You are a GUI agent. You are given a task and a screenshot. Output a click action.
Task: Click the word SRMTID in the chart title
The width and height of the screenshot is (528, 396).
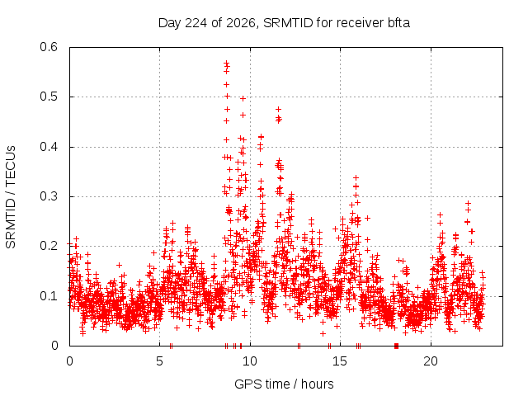tap(288, 23)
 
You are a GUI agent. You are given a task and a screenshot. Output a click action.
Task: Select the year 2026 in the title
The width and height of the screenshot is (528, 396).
tap(240, 23)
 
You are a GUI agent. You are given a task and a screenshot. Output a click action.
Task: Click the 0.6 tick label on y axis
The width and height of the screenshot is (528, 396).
tap(49, 47)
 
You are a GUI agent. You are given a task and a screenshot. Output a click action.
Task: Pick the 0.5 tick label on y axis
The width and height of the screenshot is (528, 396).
tap(49, 97)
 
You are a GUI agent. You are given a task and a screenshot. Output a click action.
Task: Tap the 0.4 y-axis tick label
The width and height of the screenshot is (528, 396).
tap(49, 147)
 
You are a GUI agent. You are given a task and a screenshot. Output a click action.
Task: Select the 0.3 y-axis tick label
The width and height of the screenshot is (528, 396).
tap(49, 196)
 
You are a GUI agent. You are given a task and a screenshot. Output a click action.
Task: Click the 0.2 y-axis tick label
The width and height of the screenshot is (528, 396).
tap(49, 246)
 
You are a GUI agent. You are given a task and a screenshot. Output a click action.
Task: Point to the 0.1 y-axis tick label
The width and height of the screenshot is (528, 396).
tap(49, 296)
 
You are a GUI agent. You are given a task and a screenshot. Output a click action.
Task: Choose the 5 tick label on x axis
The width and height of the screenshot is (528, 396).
tap(159, 361)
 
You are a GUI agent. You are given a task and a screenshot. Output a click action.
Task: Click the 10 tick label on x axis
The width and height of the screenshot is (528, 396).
tap(249, 361)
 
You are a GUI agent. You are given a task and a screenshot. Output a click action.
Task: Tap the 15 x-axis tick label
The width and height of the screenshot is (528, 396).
tap(340, 361)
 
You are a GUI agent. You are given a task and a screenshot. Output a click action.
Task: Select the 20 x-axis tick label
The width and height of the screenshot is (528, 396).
tap(431, 361)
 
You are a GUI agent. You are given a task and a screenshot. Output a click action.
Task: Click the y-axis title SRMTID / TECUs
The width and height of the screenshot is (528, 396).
tap(11, 197)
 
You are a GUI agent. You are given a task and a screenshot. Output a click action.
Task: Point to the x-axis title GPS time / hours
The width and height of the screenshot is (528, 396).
tap(284, 384)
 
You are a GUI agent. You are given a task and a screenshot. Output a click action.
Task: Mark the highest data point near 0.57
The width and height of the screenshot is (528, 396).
tap(227, 63)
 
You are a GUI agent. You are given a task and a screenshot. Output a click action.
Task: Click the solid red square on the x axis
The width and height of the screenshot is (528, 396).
tap(396, 346)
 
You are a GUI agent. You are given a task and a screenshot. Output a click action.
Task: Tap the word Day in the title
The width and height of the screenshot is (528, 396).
tap(169, 23)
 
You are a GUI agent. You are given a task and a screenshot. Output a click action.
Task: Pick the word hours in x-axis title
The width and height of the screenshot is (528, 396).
tap(317, 384)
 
